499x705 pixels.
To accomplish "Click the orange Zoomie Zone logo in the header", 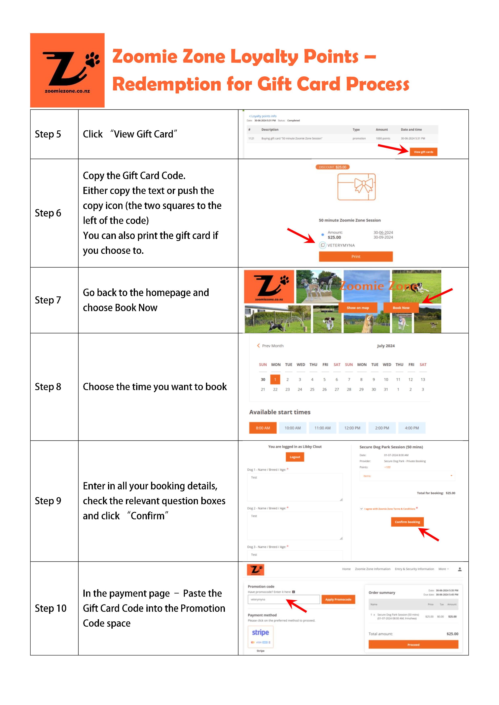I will [x=67, y=70].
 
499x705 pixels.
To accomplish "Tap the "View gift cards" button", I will [x=423, y=152].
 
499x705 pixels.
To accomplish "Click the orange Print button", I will [x=356, y=256].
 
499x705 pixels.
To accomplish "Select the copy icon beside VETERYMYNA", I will [x=323, y=245].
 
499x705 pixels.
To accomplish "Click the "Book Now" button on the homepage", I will [x=401, y=308].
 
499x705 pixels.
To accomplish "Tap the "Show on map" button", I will [x=358, y=308].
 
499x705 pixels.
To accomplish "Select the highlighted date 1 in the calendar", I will [x=275, y=379].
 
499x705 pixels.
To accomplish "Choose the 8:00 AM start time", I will [x=263, y=428].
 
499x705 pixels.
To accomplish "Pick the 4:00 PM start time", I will [x=412, y=428].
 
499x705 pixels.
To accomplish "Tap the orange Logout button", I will [x=295, y=457].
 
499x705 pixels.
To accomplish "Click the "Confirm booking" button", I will [x=407, y=522].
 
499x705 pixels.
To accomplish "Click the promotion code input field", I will [x=283, y=599].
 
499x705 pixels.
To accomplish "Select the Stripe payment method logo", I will [x=260, y=636].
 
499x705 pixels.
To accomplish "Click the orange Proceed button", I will [x=413, y=645].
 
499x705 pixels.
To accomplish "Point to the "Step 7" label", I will [x=48, y=300].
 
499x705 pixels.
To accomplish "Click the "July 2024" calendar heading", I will [x=386, y=346].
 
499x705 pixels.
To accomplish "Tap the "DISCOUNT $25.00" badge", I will [x=332, y=167].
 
